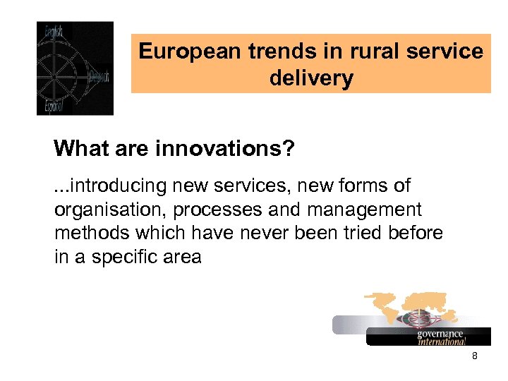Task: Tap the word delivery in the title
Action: [x=311, y=78]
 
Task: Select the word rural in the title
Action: [x=357, y=52]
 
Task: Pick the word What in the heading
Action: [x=78, y=149]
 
